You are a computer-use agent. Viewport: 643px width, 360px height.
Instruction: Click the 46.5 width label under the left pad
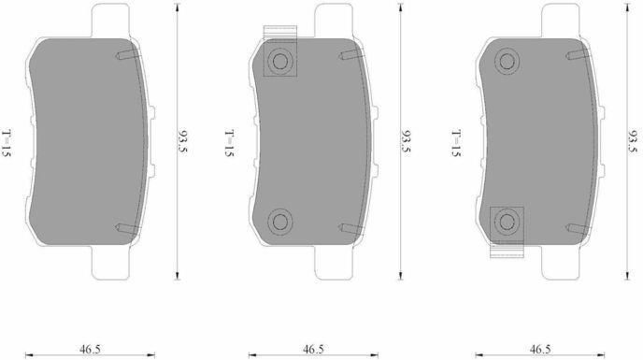[90, 350]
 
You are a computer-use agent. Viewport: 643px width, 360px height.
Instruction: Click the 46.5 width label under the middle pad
[313, 350]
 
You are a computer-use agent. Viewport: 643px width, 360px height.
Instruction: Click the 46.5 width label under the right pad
[540, 350]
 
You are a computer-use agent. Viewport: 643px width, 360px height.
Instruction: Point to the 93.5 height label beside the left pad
[181, 141]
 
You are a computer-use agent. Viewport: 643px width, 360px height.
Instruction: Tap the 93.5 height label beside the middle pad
[406, 141]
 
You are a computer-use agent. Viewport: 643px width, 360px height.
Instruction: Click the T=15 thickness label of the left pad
[7, 143]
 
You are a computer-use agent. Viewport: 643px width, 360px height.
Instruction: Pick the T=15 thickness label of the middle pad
[229, 143]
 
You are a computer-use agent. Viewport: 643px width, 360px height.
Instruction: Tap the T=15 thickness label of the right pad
[456, 143]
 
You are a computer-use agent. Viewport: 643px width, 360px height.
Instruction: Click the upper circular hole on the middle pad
[280, 62]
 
